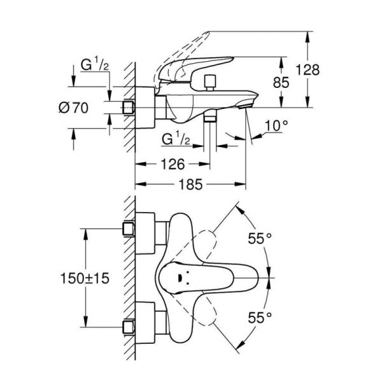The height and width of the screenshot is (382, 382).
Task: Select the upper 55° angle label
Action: [259, 239]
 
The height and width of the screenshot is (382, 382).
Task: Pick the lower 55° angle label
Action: [259, 316]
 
